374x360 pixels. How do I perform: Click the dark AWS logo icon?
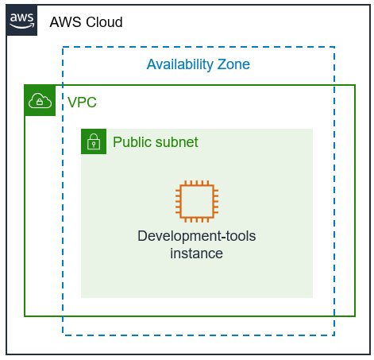pyautogui.click(x=21, y=21)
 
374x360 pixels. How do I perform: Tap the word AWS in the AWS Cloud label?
pyautogui.click(x=64, y=22)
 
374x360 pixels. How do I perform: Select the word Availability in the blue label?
pyautogui.click(x=180, y=64)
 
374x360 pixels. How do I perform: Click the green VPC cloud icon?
pyautogui.click(x=40, y=101)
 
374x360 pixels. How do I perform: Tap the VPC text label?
pyautogui.click(x=82, y=103)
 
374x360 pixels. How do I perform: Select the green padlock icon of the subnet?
pyautogui.click(x=93, y=141)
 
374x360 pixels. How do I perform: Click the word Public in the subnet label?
pyautogui.click(x=132, y=142)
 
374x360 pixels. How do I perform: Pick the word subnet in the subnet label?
pyautogui.click(x=176, y=142)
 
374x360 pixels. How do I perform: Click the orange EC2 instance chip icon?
pyautogui.click(x=196, y=200)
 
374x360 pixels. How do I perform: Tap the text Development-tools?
pyautogui.click(x=196, y=236)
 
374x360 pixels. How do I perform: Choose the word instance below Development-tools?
pyautogui.click(x=196, y=254)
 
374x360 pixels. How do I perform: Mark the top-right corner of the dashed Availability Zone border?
pyautogui.click(x=334, y=47)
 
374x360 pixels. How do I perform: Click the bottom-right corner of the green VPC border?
pyautogui.click(x=355, y=316)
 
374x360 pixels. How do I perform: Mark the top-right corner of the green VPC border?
pyautogui.click(x=355, y=85)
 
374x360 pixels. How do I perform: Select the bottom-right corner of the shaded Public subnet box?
pyautogui.click(x=312, y=297)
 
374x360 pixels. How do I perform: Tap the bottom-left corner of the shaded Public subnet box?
pyautogui.click(x=82, y=297)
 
